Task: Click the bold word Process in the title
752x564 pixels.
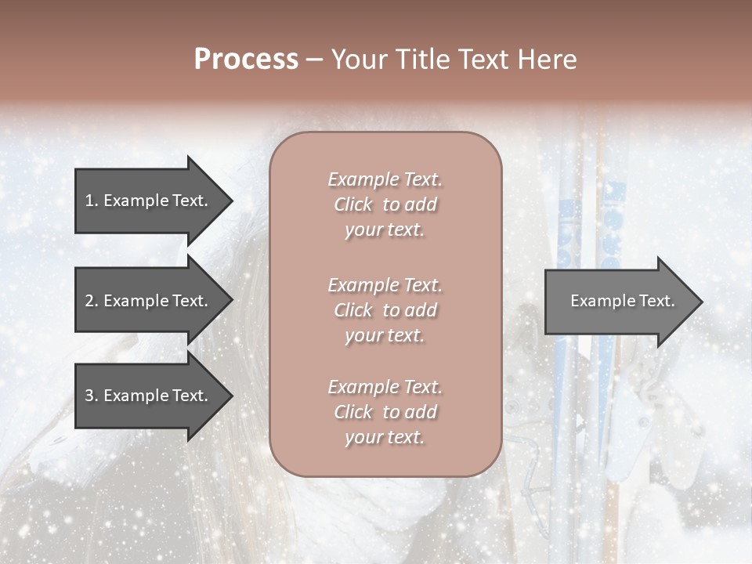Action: [x=246, y=60]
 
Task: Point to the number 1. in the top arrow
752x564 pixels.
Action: [x=91, y=201]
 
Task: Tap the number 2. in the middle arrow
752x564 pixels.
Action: [x=91, y=301]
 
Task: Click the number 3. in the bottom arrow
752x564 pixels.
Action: [x=91, y=396]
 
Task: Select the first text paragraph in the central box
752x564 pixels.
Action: [x=385, y=204]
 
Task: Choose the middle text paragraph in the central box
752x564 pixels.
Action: [x=385, y=310]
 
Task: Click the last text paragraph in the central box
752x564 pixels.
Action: [x=385, y=412]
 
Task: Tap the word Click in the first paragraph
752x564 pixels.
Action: [x=353, y=204]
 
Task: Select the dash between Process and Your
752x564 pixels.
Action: [x=315, y=60]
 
